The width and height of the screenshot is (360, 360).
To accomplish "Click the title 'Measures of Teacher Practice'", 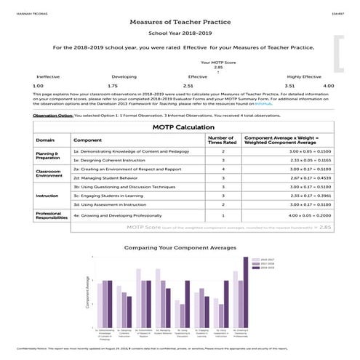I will click(180, 23).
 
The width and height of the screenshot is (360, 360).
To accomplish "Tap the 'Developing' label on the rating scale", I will click(124, 76).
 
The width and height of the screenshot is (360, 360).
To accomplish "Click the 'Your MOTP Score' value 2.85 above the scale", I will click(208, 68).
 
